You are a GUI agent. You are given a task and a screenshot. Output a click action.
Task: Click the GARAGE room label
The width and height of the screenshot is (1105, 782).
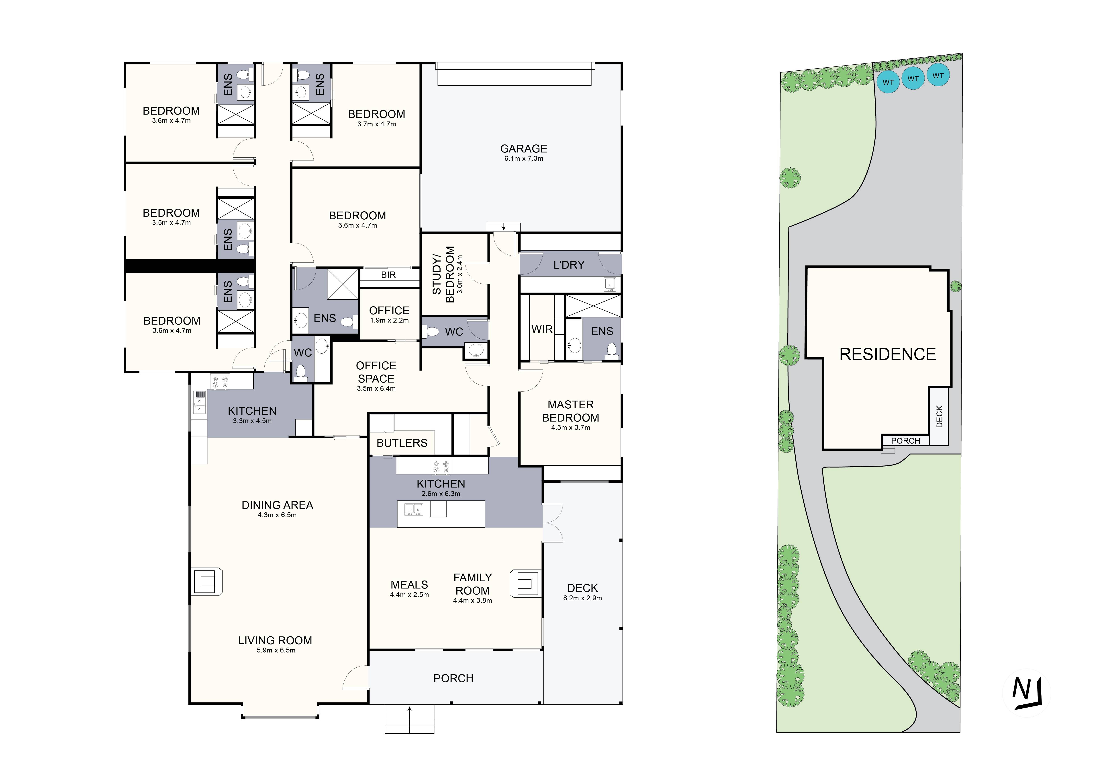coord(524,149)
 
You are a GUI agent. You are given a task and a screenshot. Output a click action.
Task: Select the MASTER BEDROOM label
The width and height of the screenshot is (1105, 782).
coord(570,411)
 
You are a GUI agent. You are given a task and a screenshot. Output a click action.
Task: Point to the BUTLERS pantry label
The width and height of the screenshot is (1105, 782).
coord(402,443)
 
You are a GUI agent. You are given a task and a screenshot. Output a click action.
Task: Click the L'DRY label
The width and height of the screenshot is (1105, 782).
coord(569,265)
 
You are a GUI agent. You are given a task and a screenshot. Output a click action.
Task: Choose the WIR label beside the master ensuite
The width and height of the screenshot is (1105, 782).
coord(542,329)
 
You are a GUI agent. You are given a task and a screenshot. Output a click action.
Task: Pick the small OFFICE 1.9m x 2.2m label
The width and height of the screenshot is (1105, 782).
coord(389,315)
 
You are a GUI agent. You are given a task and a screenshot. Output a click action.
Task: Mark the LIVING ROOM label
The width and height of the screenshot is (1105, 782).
coord(275,640)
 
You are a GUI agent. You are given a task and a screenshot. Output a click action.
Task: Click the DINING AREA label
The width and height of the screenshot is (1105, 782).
coord(277,505)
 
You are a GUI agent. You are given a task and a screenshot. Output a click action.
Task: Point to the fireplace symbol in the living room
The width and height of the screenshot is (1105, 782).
coord(207,582)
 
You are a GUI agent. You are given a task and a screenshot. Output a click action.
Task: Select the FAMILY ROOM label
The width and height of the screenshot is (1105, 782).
coord(473,584)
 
